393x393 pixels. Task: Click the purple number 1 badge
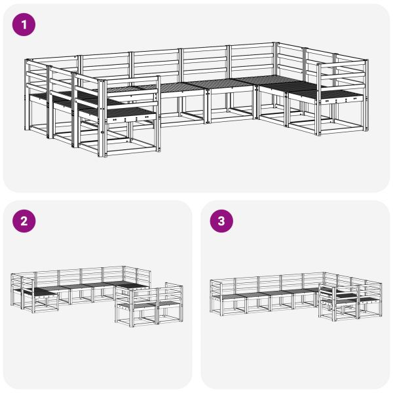click(24, 26)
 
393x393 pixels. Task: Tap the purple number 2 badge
click(24, 221)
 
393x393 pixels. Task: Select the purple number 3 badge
click(221, 221)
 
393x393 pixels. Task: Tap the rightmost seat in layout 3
click(367, 300)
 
